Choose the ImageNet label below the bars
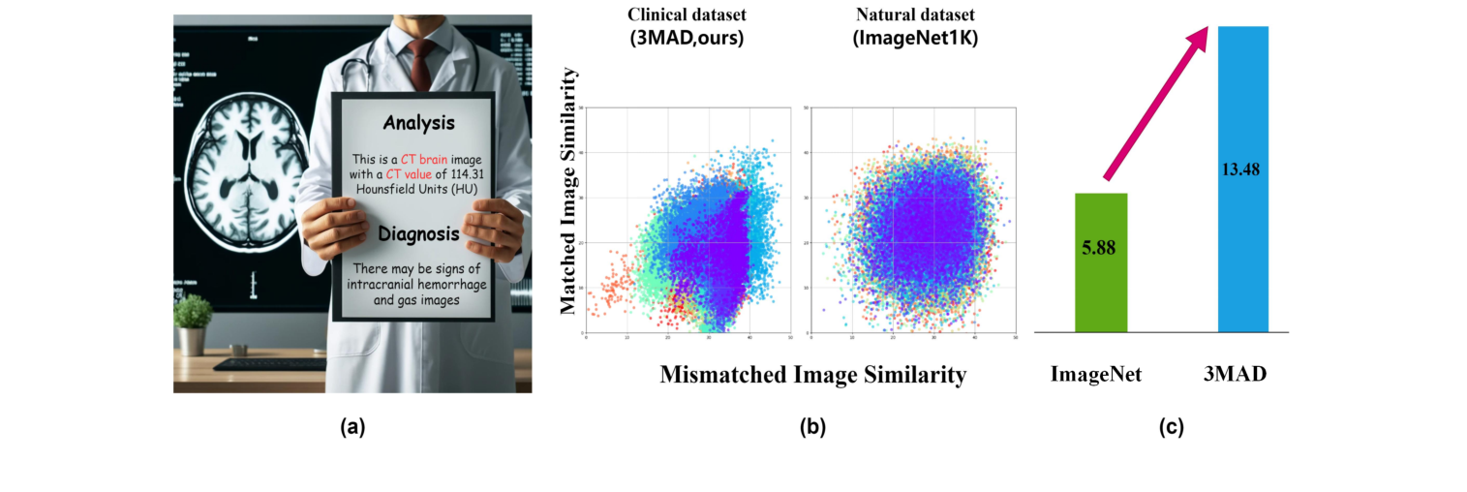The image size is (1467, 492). click(1096, 374)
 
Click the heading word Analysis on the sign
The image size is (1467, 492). click(418, 123)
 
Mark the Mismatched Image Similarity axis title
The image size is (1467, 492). click(812, 374)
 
